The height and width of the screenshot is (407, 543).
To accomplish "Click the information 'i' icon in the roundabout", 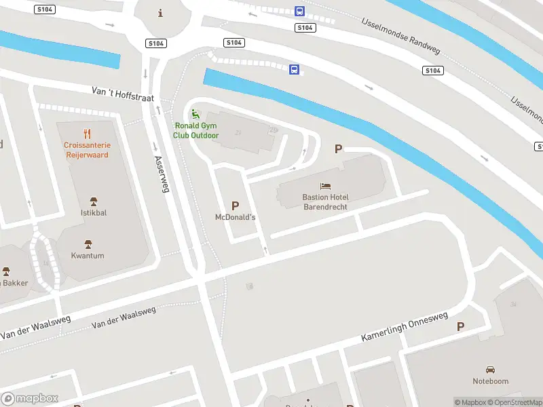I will pyautogui.click(x=160, y=13).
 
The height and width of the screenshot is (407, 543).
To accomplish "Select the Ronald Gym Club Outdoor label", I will pyautogui.click(x=196, y=130).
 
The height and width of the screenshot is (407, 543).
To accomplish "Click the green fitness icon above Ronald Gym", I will pyautogui.click(x=196, y=114).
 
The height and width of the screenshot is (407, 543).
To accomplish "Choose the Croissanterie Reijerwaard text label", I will pyautogui.click(x=87, y=150).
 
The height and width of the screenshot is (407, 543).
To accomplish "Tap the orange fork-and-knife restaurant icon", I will pyautogui.click(x=87, y=133).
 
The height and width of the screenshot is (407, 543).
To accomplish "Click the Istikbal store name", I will pyautogui.click(x=94, y=213).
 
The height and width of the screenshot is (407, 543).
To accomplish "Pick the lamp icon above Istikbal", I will pyautogui.click(x=94, y=201).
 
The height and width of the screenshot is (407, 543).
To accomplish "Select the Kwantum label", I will pyautogui.click(x=88, y=256).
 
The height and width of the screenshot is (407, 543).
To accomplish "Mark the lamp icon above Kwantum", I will pyautogui.click(x=88, y=244).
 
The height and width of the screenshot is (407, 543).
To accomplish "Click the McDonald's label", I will pyautogui.click(x=235, y=217).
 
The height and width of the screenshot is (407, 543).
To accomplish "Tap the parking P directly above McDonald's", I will pyautogui.click(x=236, y=205).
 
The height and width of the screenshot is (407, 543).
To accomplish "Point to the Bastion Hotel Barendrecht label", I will pyautogui.click(x=325, y=201).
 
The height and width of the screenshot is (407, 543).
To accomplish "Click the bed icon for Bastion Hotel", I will pyautogui.click(x=325, y=186).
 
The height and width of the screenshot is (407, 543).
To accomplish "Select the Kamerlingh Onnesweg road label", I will pyautogui.click(x=405, y=326).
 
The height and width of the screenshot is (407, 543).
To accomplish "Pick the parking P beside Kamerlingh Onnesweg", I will pyautogui.click(x=460, y=326).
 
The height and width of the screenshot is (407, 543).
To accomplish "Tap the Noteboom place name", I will pyautogui.click(x=490, y=381).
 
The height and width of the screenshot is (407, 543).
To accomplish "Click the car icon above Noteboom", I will pyautogui.click(x=490, y=369).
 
